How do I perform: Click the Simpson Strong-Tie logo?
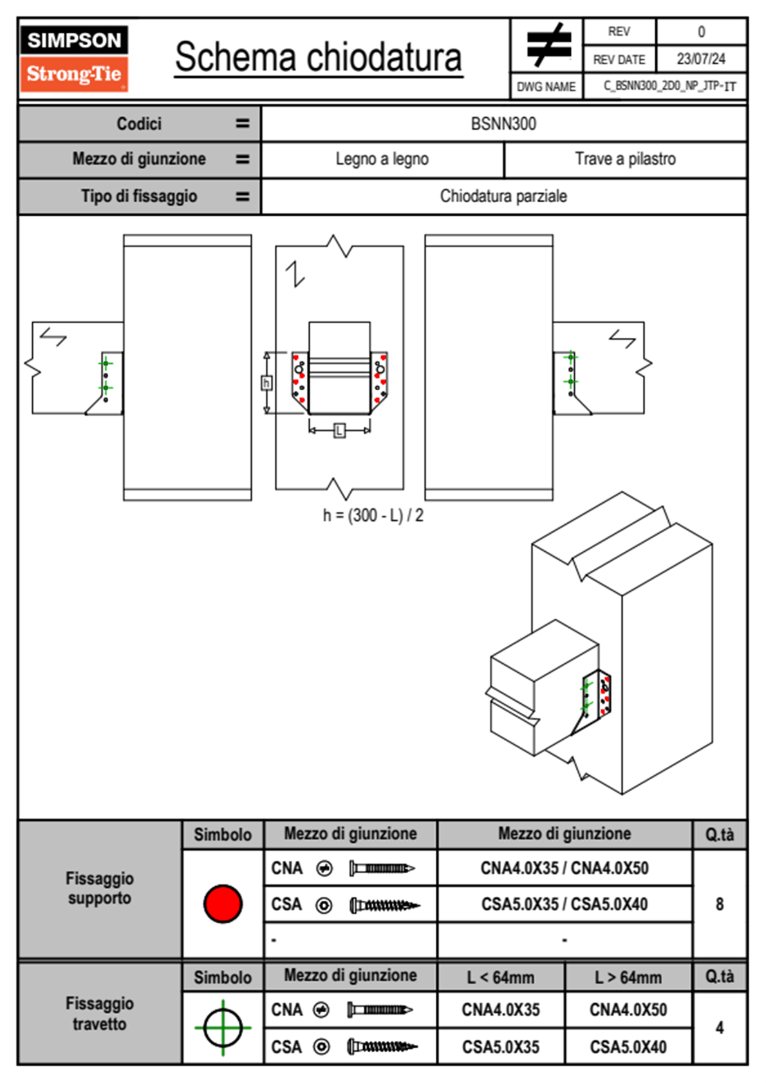(73, 59)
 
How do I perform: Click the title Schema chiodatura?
(318, 58)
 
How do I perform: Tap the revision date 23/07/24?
(700, 59)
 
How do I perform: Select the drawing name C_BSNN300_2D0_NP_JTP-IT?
(669, 86)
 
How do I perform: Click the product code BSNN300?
(503, 124)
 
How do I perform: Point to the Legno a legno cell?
(382, 159)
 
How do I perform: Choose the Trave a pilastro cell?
(625, 159)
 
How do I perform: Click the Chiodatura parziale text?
(503, 196)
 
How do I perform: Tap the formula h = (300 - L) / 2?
(373, 515)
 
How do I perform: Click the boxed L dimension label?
(339, 430)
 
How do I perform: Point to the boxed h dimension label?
(266, 383)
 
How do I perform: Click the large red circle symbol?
(223, 903)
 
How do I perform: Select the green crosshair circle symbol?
(223, 1027)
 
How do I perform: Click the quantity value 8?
(719, 904)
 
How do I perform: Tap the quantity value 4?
(719, 1028)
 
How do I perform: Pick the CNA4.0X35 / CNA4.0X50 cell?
(565, 868)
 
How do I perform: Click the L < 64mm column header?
(500, 977)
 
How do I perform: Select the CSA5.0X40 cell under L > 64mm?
(628, 1047)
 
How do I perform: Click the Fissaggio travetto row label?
(99, 1013)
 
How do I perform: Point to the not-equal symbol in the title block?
(548, 45)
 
